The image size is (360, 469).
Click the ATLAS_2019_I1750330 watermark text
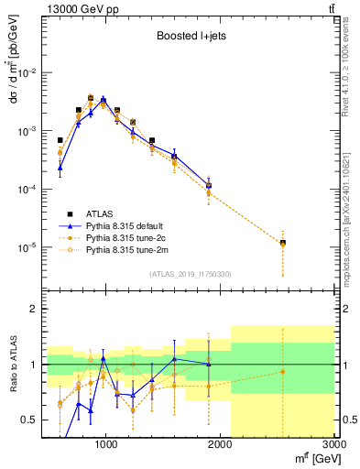(x=189, y=274)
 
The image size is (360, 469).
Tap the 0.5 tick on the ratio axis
(x=32, y=420)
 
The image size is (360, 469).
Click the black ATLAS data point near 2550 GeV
(x=283, y=243)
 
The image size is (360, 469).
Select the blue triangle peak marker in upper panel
(x=104, y=100)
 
